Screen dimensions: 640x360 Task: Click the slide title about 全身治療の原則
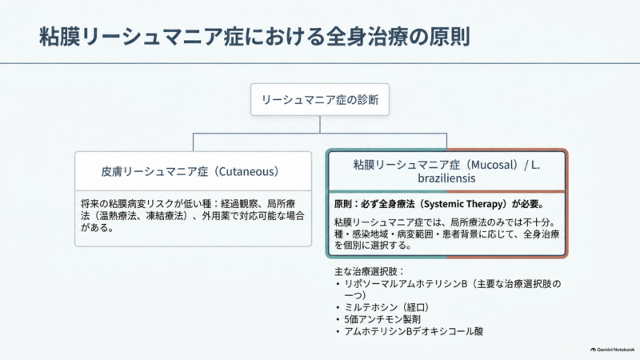[x=254, y=36]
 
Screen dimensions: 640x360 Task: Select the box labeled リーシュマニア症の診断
[x=320, y=99]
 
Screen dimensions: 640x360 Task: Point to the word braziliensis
[x=446, y=178]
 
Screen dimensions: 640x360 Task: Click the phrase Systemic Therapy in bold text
[x=465, y=204]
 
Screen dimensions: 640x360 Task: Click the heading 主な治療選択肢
[x=369, y=271]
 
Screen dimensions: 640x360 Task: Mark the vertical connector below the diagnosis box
[x=320, y=125]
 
